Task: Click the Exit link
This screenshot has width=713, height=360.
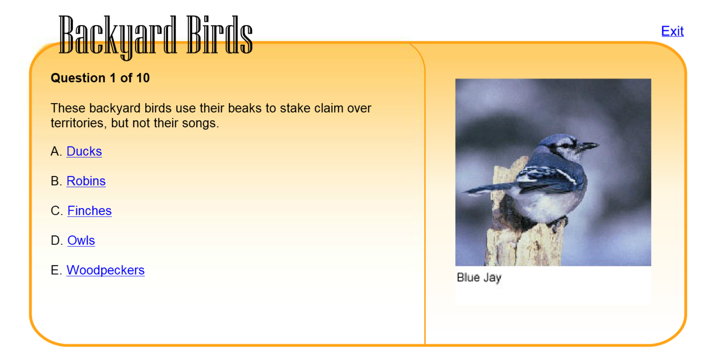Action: (x=672, y=31)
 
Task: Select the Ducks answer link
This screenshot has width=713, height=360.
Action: (x=84, y=151)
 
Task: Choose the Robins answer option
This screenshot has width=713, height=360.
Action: (x=86, y=181)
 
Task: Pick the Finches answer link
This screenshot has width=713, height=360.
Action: (x=89, y=211)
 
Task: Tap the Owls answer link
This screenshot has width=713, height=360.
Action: (x=81, y=240)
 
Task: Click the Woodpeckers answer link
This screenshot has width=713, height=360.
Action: (x=105, y=270)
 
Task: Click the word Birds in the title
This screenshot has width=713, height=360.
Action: (x=219, y=35)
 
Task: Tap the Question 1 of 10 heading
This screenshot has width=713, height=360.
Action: (x=100, y=78)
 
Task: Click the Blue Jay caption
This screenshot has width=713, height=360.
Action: (x=479, y=278)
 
